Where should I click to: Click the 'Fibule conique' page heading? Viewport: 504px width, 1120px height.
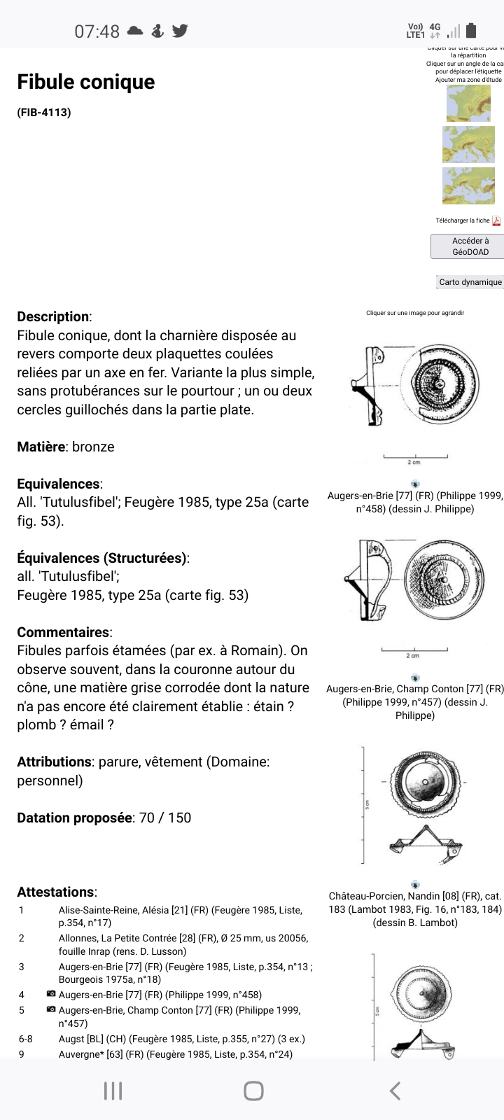[x=86, y=82]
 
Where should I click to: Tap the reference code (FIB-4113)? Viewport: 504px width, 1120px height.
[x=44, y=112]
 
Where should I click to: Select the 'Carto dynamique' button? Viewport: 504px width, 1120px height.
[x=470, y=282]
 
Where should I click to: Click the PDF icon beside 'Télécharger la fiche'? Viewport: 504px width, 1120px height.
[x=496, y=220]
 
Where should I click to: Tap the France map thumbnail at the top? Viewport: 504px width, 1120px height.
[x=468, y=103]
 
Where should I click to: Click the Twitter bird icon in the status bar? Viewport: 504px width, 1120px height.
[x=180, y=31]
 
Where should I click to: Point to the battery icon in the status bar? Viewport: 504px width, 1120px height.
[x=471, y=30]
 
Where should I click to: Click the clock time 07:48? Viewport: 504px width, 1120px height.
[x=97, y=31]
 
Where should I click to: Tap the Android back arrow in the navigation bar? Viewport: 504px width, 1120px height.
[x=395, y=1090]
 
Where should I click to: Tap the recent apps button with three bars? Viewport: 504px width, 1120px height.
[x=113, y=1090]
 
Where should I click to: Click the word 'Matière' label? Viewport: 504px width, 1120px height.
[x=42, y=447]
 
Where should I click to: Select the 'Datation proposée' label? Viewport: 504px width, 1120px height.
[x=74, y=818]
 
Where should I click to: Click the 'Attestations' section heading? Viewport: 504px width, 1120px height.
[x=56, y=892]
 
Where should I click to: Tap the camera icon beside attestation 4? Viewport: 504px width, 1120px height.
[x=51, y=994]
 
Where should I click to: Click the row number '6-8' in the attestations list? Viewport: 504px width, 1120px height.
[x=26, y=1039]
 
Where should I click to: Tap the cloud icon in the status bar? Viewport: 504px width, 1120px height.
[x=135, y=31]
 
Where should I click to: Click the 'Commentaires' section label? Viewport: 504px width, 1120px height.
[x=63, y=632]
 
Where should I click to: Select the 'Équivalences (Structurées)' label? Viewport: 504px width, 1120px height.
[x=101, y=558]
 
